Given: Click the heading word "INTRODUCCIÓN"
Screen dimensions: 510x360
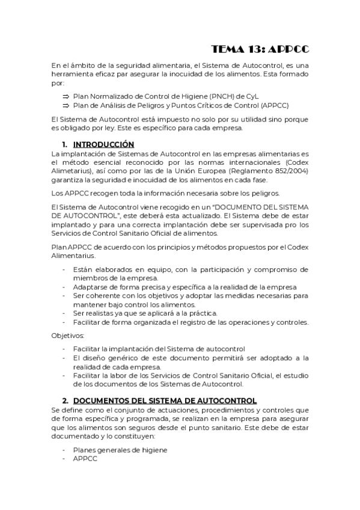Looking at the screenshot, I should (103, 144).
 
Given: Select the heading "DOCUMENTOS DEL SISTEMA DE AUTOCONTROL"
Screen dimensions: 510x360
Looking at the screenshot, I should (165, 401).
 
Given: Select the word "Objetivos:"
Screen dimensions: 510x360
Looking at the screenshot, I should (68, 335).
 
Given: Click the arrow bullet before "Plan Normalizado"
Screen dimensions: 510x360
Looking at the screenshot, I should (66, 96).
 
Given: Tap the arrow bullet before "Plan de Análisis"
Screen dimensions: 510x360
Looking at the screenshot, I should (66, 105).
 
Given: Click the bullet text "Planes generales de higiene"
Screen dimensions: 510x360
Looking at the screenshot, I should (120, 450).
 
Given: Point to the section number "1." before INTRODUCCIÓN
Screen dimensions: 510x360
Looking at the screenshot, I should (66, 144).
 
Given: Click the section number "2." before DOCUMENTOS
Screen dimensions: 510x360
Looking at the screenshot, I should (66, 401).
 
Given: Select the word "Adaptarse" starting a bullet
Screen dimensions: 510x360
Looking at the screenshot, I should (90, 287).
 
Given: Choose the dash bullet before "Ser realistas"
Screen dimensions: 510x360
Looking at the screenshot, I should (64, 313).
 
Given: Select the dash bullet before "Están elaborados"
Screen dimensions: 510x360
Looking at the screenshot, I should (64, 269).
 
